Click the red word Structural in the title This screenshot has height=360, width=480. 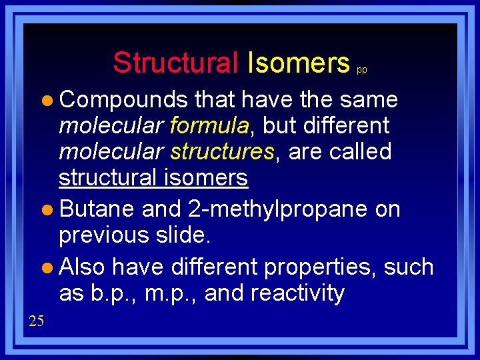pos(175,63)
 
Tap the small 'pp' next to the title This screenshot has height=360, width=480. pos(361,69)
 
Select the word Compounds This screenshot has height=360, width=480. pos(123,100)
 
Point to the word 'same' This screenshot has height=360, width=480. pos(369,100)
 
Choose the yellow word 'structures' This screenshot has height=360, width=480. pos(222,152)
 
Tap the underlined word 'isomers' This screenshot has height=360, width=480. pos(205,178)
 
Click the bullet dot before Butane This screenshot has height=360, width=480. pos(51,211)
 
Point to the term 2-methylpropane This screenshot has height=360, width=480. pos(278,209)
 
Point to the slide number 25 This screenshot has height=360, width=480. pos(36,321)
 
